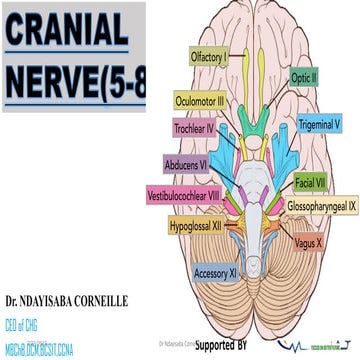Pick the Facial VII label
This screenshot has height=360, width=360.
click(x=308, y=183)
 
